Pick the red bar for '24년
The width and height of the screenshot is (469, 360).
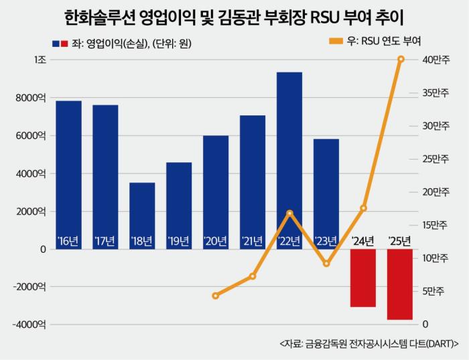click(363, 278)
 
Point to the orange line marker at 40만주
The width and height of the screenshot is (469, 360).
click(401, 60)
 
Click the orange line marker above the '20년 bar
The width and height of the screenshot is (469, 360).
click(215, 296)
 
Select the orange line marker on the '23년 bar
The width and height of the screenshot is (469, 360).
click(326, 263)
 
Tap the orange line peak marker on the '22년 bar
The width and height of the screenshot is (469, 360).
click(289, 213)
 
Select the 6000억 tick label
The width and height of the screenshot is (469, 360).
click(31, 135)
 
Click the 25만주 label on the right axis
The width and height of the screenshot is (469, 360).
click(435, 159)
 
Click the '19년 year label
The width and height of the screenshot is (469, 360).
click(179, 241)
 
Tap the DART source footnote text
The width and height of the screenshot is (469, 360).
click(364, 343)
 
